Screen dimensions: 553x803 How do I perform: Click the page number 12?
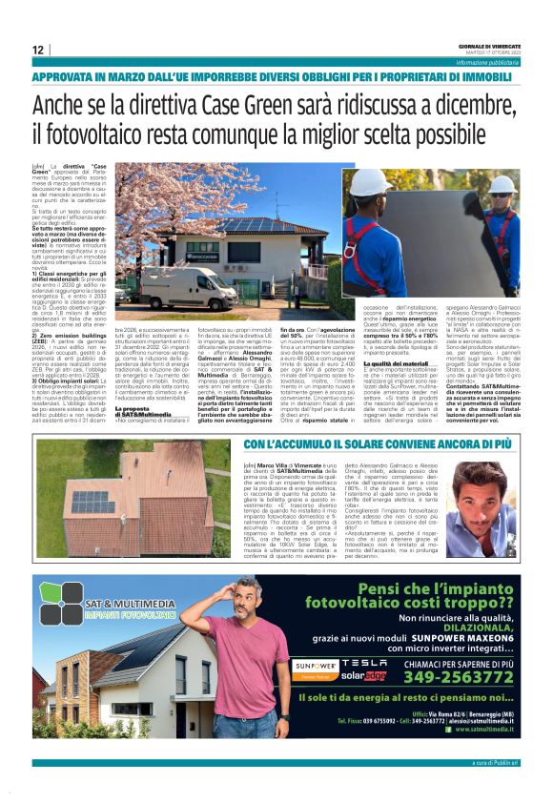[x=37, y=50]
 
